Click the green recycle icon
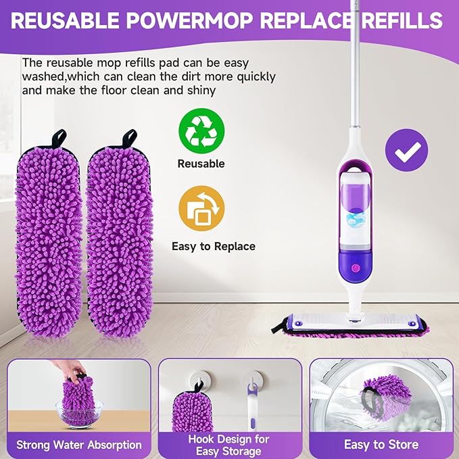(201, 130)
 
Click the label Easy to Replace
(213, 246)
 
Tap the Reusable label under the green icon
(201, 164)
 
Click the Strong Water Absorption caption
(78, 444)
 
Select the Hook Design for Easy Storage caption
(229, 444)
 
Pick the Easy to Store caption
(381, 444)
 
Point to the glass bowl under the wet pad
(80, 413)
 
